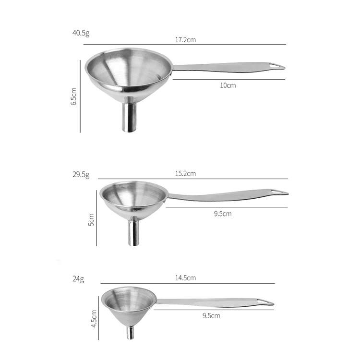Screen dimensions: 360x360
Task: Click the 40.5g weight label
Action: click(x=81, y=33)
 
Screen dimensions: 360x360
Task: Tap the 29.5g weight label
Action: click(x=81, y=175)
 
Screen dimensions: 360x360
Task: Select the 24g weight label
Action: click(x=78, y=279)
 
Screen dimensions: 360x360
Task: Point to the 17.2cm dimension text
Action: click(x=185, y=40)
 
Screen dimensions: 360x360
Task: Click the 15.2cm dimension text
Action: click(x=185, y=173)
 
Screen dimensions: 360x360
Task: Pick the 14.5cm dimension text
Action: click(x=185, y=278)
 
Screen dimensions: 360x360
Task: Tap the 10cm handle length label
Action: click(x=228, y=85)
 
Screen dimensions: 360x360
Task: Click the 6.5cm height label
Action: click(x=73, y=96)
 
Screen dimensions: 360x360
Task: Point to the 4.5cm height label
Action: click(x=94, y=318)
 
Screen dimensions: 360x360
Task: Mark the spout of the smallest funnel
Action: click(x=130, y=333)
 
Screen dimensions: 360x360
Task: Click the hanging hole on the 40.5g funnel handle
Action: click(x=277, y=65)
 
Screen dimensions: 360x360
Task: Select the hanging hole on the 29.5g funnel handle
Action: click(x=279, y=192)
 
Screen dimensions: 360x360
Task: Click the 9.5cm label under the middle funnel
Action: click(x=223, y=213)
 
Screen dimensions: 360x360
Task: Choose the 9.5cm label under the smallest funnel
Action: click(x=211, y=315)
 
